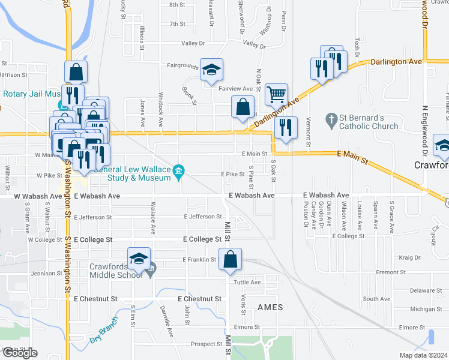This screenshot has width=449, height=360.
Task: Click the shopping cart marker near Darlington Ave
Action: pyautogui.click(x=276, y=94)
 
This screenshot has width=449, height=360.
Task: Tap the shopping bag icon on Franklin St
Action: pyautogui.click(x=230, y=259)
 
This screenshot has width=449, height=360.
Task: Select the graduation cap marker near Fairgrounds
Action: pyautogui.click(x=211, y=70)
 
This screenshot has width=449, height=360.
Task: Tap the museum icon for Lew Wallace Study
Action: pyautogui.click(x=178, y=173)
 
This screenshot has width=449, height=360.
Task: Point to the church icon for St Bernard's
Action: pyautogui.click(x=330, y=119)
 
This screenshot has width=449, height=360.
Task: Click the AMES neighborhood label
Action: pyautogui.click(x=265, y=307)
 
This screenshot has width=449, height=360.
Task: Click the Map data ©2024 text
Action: pyautogui.click(x=423, y=355)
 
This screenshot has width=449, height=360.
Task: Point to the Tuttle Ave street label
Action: pyautogui.click(x=247, y=282)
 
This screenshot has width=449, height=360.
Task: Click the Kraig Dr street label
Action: pyautogui.click(x=409, y=257)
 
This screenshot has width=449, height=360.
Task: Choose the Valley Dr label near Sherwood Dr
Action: pyautogui.click(x=254, y=45)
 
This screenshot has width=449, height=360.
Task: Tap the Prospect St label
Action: pyautogui.click(x=206, y=344)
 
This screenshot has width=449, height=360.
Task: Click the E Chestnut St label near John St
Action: pyautogui.click(x=199, y=299)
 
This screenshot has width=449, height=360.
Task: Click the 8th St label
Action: pyautogui.click(x=177, y=5)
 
